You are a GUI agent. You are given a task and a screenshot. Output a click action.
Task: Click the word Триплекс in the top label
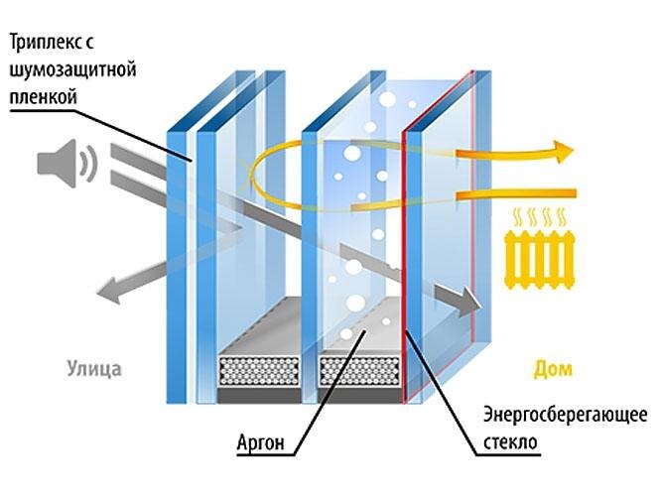50,45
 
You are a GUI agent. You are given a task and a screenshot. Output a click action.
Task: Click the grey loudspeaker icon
57,163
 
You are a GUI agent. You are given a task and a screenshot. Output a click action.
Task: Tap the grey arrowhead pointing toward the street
104,292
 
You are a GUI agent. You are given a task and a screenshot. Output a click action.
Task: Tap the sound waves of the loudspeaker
88,163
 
